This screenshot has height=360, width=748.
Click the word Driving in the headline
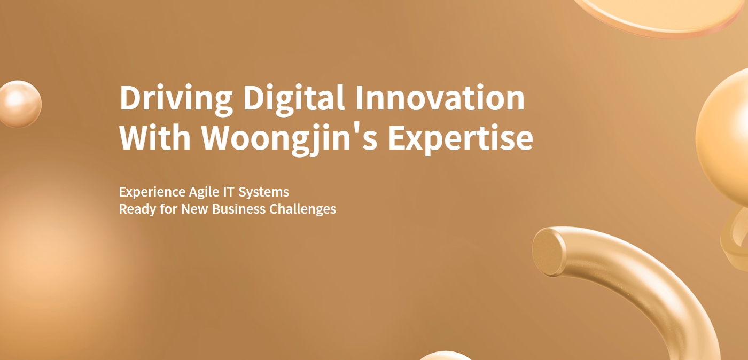[x=176, y=99]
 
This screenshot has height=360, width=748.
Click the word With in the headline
[x=155, y=138]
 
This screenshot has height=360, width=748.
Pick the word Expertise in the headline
[x=461, y=139]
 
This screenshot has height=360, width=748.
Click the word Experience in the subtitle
[x=152, y=192]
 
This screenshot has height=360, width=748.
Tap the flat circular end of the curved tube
[x=549, y=252]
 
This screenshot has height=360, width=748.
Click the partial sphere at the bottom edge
[x=445, y=356]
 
